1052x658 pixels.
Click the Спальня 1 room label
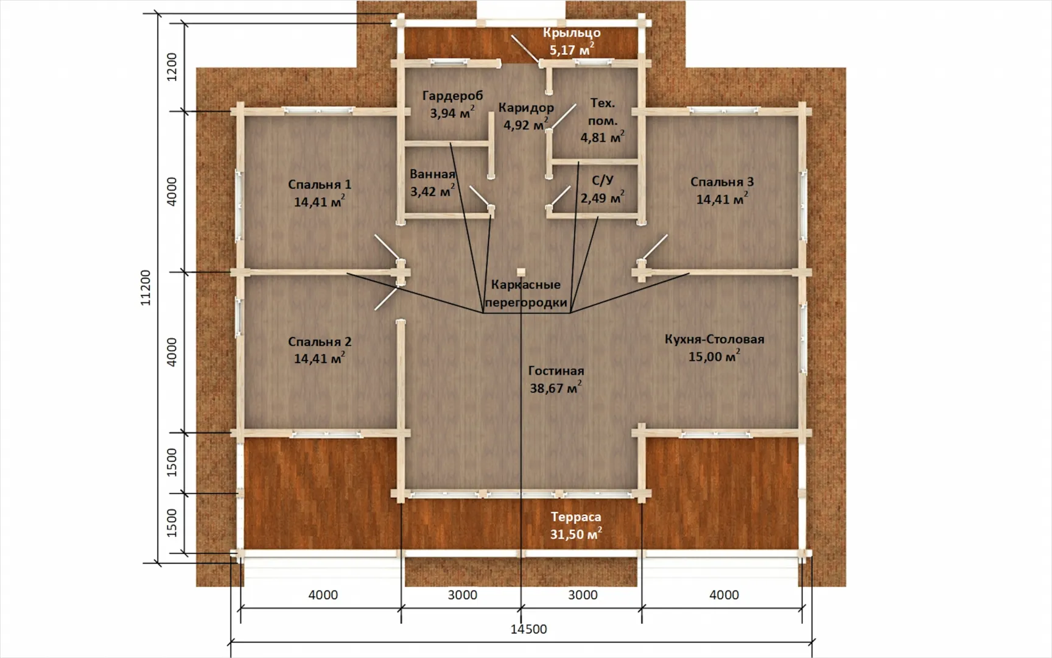(320, 184)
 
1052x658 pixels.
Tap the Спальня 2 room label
(320, 342)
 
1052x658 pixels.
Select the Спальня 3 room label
(722, 182)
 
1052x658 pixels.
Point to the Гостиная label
(556, 370)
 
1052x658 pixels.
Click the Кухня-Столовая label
(714, 339)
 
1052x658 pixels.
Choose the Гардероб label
(452, 96)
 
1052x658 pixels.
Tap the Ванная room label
(432, 174)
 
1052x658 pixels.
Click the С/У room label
(603, 180)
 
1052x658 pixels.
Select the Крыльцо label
(572, 33)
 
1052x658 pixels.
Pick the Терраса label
(576, 517)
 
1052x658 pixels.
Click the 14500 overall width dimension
(528, 629)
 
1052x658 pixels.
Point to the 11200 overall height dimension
(146, 288)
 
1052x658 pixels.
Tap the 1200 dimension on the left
(172, 67)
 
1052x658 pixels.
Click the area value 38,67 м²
(555, 387)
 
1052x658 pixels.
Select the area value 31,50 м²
(576, 534)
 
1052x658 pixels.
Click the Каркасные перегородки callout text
(526, 293)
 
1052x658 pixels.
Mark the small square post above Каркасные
(521, 272)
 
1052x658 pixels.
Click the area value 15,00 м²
(714, 356)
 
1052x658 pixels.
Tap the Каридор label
(526, 108)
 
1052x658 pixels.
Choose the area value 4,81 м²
(602, 137)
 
